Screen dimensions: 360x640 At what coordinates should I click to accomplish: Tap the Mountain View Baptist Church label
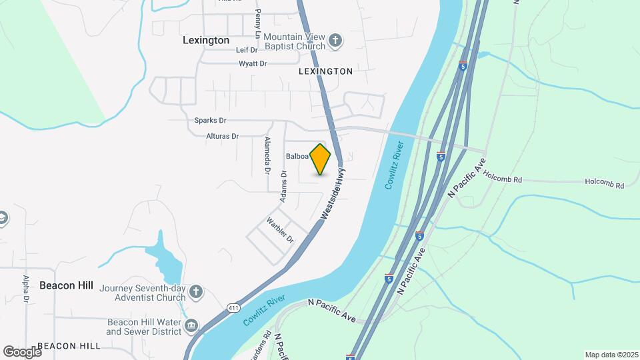click(293, 41)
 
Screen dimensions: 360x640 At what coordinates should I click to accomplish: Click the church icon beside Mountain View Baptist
click(335, 41)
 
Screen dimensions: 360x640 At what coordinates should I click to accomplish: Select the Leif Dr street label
click(246, 50)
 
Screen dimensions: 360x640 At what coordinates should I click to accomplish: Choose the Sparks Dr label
click(210, 121)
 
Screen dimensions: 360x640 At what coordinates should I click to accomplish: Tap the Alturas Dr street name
click(222, 136)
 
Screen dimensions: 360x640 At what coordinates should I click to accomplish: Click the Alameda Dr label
click(267, 156)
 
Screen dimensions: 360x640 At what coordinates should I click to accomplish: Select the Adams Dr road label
click(283, 187)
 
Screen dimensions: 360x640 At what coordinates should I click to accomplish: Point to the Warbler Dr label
click(280, 229)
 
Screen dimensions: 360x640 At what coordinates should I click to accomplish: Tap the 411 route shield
click(232, 308)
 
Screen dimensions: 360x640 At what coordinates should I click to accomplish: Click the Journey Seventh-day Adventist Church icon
click(195, 291)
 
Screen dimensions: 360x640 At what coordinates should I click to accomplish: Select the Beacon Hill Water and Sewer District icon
click(191, 325)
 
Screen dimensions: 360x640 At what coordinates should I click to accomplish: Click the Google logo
click(22, 351)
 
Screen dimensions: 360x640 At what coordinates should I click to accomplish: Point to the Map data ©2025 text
click(611, 355)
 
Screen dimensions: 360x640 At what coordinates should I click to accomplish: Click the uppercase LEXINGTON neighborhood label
click(325, 71)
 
